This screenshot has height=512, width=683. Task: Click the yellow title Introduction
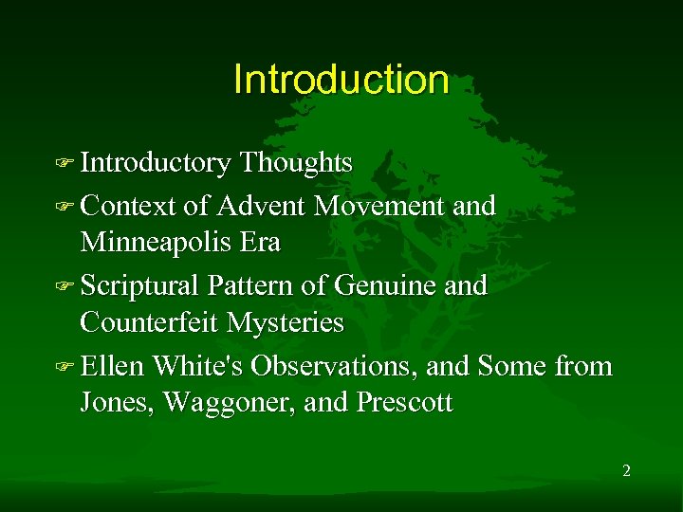pos(341,80)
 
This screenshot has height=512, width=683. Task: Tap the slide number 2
pos(626,471)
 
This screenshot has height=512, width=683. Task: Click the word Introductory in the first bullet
pos(156,163)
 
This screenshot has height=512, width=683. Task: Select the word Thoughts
pos(296,163)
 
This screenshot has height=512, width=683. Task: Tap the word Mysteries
pos(286,323)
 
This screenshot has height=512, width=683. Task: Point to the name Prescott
pos(405,403)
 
